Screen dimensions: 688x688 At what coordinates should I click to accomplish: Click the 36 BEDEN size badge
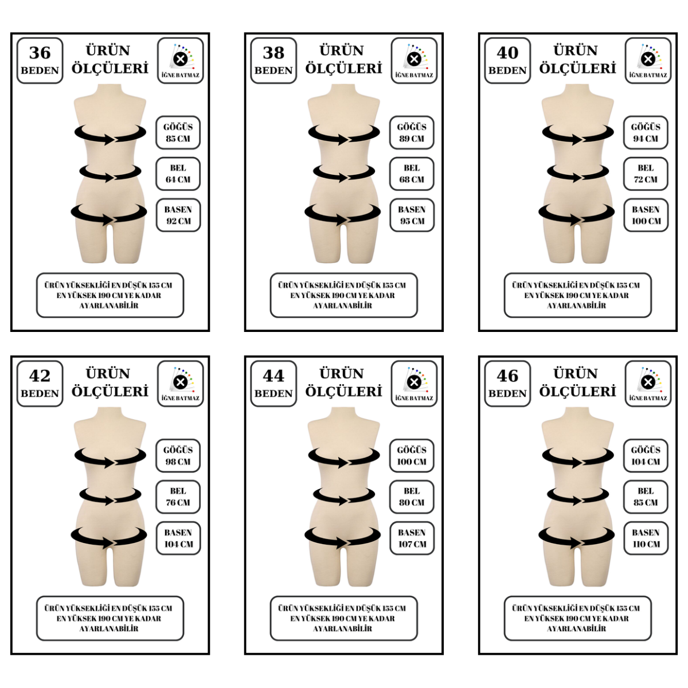[x=40, y=61]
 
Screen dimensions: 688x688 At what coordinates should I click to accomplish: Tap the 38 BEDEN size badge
[x=273, y=61]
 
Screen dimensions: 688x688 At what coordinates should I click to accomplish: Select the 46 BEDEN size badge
[x=507, y=384]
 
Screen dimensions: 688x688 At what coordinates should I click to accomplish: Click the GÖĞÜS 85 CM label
[x=178, y=132]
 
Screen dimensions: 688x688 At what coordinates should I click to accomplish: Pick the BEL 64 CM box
[x=178, y=174]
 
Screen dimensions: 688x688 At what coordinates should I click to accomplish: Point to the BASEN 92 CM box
[x=178, y=215]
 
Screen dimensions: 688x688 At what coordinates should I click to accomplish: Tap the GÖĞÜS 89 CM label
[x=412, y=132]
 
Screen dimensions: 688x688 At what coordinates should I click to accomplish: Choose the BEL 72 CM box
[x=646, y=174]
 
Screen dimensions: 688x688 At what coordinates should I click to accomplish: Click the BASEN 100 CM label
[x=646, y=215]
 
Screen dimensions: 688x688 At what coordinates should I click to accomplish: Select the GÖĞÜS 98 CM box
[x=178, y=456]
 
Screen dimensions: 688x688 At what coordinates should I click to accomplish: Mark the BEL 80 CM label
[x=412, y=497]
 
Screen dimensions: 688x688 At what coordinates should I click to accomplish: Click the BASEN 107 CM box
[x=412, y=538]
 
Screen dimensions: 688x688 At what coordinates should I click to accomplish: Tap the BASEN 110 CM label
[x=646, y=538]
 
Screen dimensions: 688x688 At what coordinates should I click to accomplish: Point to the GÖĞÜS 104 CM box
[x=646, y=456]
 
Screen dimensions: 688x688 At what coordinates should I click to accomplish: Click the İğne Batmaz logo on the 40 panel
[x=648, y=61]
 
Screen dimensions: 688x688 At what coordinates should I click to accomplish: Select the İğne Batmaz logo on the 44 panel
[x=414, y=384]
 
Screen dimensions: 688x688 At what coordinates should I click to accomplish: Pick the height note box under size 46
[x=578, y=619]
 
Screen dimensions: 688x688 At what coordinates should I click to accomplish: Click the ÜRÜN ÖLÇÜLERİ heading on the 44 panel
[x=343, y=383]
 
